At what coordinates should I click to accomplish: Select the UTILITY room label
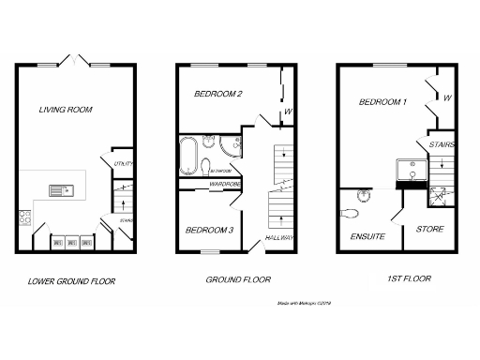(x=122, y=164)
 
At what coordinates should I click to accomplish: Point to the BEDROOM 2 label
(x=218, y=95)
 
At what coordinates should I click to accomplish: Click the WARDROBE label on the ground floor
(x=227, y=185)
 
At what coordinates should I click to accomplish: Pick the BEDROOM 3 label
(x=208, y=230)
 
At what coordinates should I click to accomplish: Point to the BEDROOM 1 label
(x=380, y=102)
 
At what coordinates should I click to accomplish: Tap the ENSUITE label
(x=367, y=236)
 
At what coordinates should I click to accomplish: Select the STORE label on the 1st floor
(x=430, y=228)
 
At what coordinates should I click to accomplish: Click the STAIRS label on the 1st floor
(x=442, y=145)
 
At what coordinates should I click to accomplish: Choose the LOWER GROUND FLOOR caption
(x=71, y=280)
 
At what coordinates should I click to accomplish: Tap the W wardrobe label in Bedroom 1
(x=447, y=97)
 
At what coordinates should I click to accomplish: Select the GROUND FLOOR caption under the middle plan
(x=238, y=279)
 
